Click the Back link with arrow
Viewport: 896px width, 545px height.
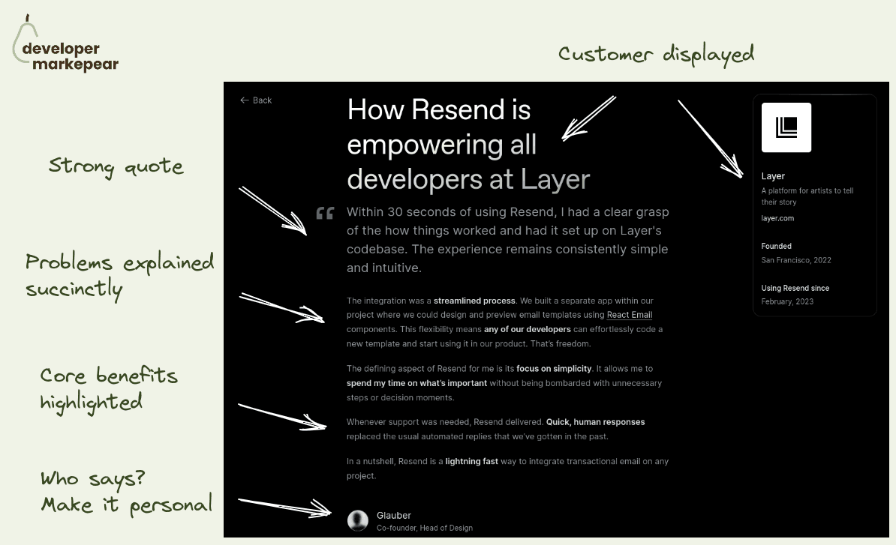(256, 100)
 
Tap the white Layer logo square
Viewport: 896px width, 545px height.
(786, 127)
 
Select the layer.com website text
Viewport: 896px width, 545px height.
(777, 218)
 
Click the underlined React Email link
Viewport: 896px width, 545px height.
(630, 315)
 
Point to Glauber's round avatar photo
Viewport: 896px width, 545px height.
(358, 520)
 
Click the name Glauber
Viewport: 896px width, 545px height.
(394, 515)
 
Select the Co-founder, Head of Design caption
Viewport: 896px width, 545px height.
(425, 528)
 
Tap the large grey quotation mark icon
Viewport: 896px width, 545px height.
(325, 214)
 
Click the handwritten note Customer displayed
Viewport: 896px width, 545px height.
(656, 55)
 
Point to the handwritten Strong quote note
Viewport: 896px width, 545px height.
(116, 166)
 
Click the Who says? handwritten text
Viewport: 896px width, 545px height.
(93, 478)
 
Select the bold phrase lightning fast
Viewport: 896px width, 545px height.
(471, 462)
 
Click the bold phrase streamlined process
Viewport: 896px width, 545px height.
(474, 301)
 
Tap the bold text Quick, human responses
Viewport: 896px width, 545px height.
(595, 422)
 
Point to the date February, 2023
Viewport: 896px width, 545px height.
(787, 301)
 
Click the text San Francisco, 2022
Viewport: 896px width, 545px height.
(796, 260)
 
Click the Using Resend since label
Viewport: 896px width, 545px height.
(795, 288)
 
